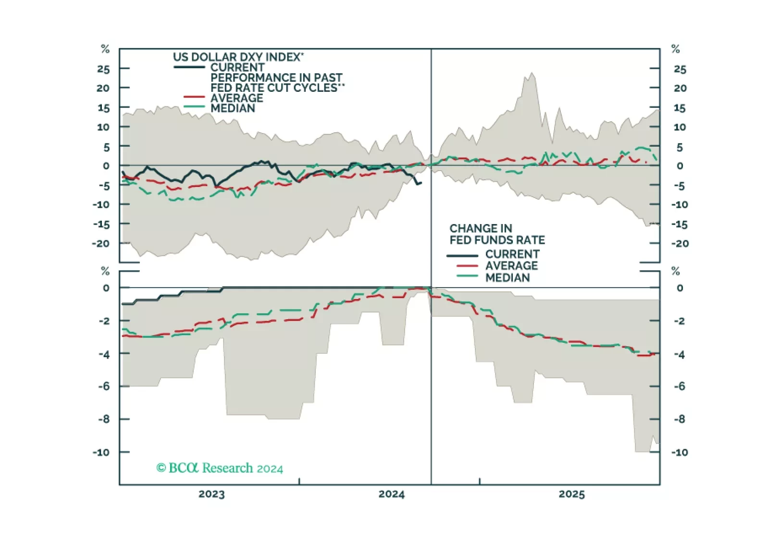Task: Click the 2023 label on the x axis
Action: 211,494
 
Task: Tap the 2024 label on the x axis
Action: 392,494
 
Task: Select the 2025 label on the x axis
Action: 571,494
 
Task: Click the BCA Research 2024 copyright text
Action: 220,468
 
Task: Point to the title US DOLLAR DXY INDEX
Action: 238,57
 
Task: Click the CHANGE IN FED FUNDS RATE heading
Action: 497,234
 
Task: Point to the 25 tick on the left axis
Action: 103,69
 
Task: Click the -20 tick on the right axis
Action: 680,244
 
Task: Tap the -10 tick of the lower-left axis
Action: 101,452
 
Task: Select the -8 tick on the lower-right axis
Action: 679,419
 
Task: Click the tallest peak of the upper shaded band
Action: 532,73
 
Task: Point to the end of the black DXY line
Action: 421,183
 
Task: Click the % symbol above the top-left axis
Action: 105,49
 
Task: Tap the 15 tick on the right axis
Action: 679,108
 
